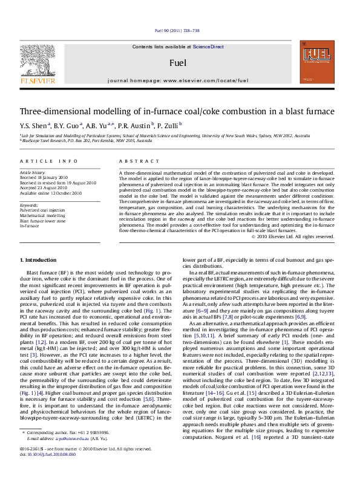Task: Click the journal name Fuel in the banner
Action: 178,63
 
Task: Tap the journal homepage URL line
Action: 178,80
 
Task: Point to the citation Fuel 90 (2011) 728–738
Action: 178,30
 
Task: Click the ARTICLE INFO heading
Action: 48,161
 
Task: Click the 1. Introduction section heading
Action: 38,260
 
